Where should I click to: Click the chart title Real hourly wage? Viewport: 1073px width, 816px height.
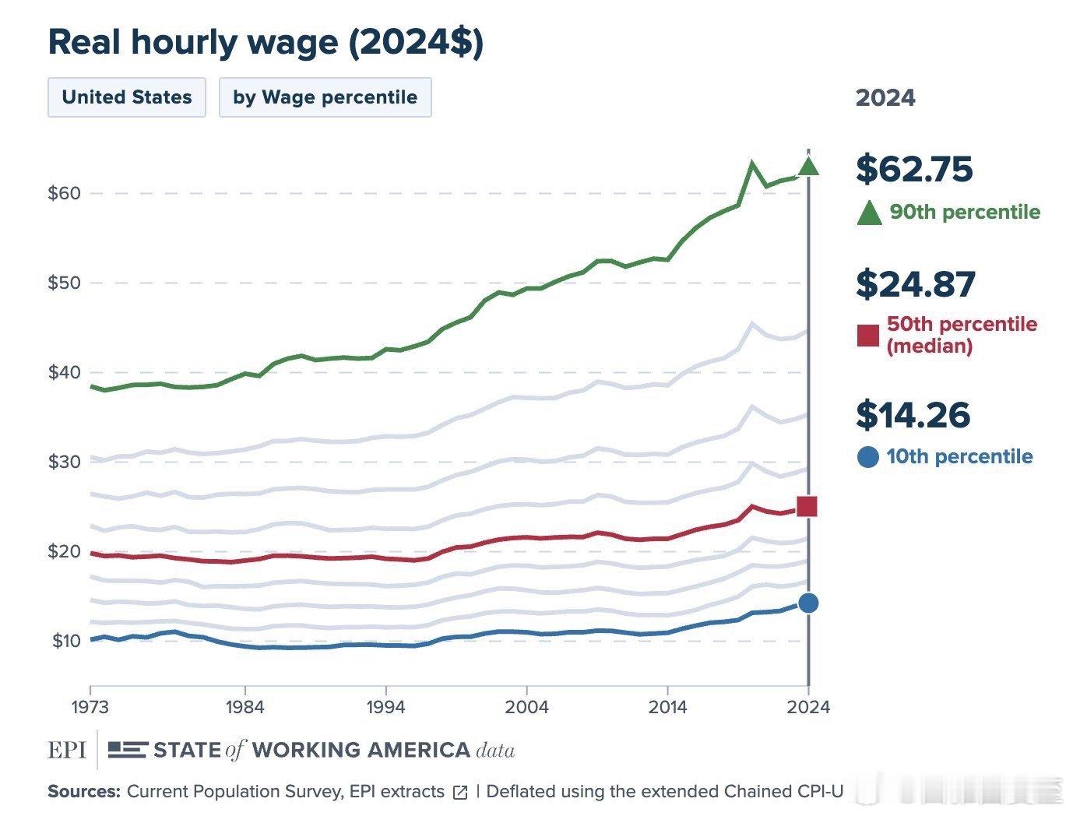coord(266,42)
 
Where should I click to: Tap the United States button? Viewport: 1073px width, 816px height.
coord(127,97)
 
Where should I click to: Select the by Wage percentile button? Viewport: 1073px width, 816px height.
coord(325,97)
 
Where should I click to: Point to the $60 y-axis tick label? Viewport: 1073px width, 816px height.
coord(64,193)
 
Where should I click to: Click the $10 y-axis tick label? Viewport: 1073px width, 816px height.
coord(65,641)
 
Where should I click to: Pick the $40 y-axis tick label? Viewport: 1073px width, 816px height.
coord(64,372)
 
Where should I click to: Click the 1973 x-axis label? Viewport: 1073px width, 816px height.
coord(90,707)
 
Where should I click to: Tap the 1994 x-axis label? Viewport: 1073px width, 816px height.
coord(385,707)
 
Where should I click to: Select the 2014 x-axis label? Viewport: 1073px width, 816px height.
coord(667,707)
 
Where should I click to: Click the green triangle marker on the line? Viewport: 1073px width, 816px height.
coord(808,166)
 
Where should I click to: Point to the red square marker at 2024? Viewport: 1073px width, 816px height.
coord(807,507)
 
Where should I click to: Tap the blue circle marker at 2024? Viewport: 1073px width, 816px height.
coord(808,603)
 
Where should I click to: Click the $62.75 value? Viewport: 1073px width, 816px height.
coord(914,169)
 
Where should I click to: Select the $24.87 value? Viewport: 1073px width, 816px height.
coord(915,284)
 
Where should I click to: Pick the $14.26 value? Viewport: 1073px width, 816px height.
coord(913,415)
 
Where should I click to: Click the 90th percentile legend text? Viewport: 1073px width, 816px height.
coord(965,212)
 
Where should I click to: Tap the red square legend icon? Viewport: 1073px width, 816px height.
coord(867,336)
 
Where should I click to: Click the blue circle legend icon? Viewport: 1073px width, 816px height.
coord(867,457)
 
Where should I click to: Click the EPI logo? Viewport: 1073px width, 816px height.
coord(66,750)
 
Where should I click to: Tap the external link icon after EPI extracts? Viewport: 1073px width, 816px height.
coord(460,793)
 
